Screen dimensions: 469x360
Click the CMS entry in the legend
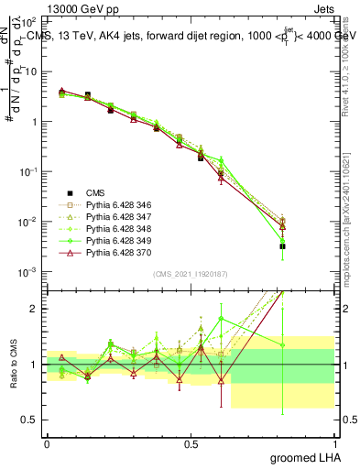96,192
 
